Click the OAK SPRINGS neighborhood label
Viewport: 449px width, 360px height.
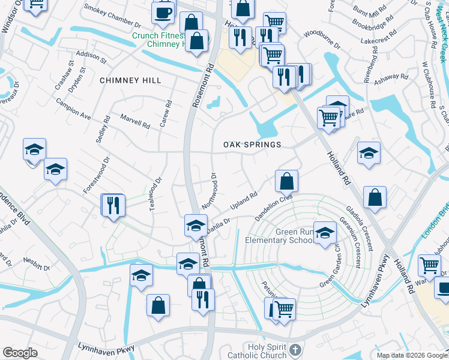click(252, 145)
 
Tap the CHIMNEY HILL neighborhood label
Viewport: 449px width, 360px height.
click(127, 80)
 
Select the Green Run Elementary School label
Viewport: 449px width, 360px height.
click(279, 236)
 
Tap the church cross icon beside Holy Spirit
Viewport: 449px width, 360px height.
click(294, 349)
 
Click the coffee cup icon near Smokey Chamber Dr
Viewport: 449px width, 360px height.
click(163, 12)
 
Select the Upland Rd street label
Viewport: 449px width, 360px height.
click(244, 200)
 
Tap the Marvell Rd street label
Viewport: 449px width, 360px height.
click(134, 121)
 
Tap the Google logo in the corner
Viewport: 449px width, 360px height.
click(20, 353)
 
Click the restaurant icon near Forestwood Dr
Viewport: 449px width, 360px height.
click(113, 205)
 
